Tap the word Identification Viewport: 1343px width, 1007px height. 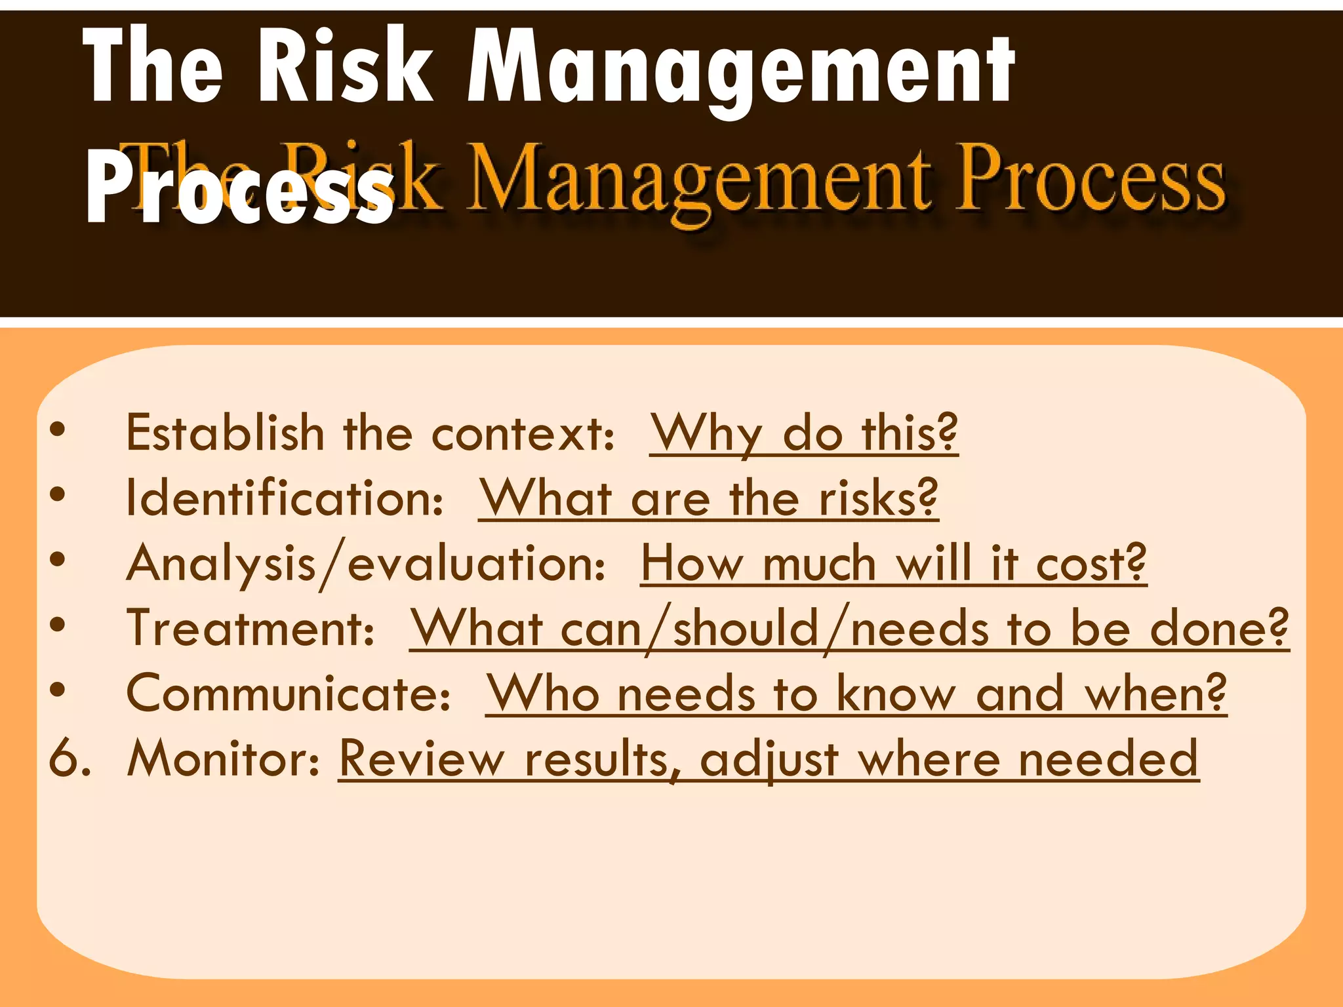coord(284,498)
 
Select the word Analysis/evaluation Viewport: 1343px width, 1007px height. coord(366,563)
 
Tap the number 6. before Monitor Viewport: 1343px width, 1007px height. coord(70,759)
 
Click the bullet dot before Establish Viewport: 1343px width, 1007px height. coord(58,429)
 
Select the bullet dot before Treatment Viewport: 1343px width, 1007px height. coord(58,624)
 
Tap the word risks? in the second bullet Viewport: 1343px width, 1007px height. coord(879,498)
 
